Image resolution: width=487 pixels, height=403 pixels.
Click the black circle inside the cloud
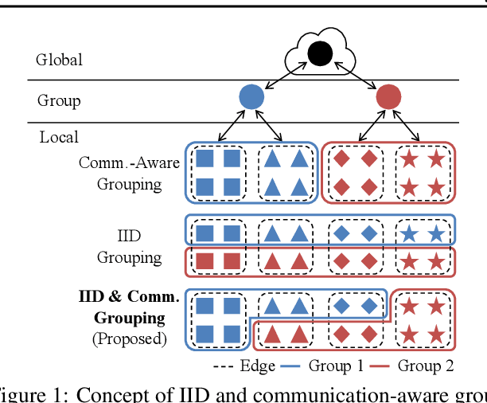[319, 53]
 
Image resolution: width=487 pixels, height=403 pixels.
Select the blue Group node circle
[251, 97]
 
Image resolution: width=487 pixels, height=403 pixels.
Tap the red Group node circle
[388, 97]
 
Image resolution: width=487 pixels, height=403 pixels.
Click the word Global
[59, 60]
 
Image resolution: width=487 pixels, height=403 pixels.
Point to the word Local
[59, 137]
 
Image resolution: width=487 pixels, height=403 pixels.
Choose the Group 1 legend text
[341, 366]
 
